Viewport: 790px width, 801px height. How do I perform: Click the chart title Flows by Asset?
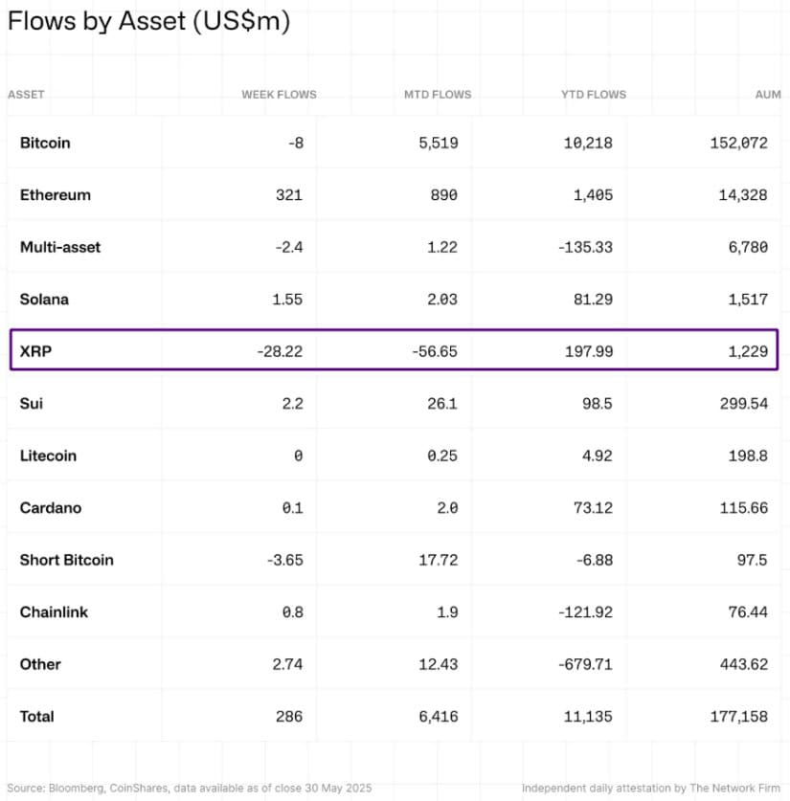[x=148, y=21]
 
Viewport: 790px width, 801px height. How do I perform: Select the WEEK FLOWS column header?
[x=279, y=95]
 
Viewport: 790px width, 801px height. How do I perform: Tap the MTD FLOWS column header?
[x=438, y=95]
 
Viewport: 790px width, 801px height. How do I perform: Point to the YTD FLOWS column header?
[x=594, y=95]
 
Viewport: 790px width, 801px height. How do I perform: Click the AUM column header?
[x=768, y=95]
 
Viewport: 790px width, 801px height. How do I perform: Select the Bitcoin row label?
[x=45, y=143]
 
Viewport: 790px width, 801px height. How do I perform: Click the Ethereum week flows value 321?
[x=288, y=195]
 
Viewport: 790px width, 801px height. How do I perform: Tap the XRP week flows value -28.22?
[x=280, y=351]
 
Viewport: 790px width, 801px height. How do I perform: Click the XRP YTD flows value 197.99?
[x=589, y=351]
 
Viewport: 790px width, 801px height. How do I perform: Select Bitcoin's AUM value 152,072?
[x=740, y=143]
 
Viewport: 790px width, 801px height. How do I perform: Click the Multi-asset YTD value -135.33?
[x=584, y=247]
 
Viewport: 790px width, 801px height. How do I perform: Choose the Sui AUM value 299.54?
[x=744, y=404]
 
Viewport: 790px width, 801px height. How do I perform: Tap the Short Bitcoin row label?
[x=66, y=560]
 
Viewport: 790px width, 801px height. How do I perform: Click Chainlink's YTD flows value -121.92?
[x=584, y=612]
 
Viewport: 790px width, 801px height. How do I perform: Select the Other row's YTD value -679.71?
[x=584, y=664]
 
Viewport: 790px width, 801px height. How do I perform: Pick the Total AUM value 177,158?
[x=740, y=716]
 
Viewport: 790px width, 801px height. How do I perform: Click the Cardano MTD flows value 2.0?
[x=446, y=508]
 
